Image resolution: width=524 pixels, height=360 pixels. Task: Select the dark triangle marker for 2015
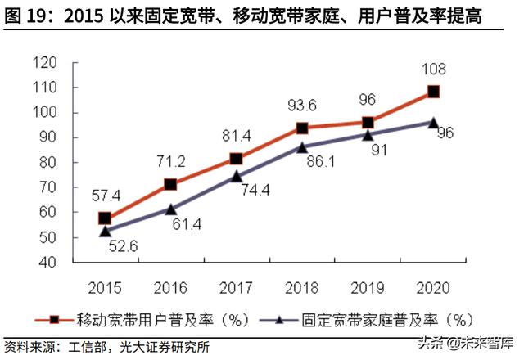pos(105,232)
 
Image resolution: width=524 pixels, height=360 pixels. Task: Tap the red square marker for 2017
pos(236,159)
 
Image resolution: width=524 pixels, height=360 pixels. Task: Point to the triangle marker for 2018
pos(302,147)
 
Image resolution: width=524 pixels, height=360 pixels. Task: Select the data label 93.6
pos(301,106)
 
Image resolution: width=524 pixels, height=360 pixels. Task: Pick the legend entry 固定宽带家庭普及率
pos(377,318)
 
